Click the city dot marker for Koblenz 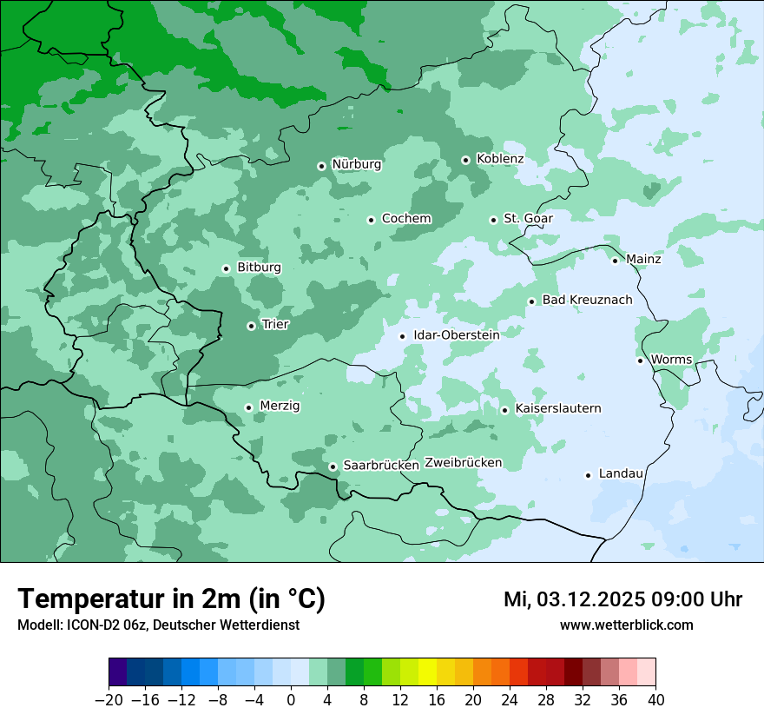[x=465, y=160]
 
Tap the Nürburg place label [x=356, y=164]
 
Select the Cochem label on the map [x=406, y=219]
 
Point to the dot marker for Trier [x=251, y=326]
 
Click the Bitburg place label [x=259, y=268]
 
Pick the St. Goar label [x=528, y=219]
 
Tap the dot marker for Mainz [x=615, y=261]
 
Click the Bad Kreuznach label [x=587, y=301]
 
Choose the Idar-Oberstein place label [x=456, y=335]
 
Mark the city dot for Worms [x=640, y=360]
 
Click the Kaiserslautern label [x=557, y=408]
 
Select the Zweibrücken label [x=463, y=463]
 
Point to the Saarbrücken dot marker [x=333, y=466]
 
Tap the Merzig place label [x=280, y=406]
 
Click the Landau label [x=621, y=474]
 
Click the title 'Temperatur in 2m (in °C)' [x=171, y=599]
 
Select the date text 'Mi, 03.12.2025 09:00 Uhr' [x=622, y=599]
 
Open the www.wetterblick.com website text [x=626, y=625]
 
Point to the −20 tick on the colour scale [x=109, y=700]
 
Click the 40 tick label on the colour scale [x=655, y=700]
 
